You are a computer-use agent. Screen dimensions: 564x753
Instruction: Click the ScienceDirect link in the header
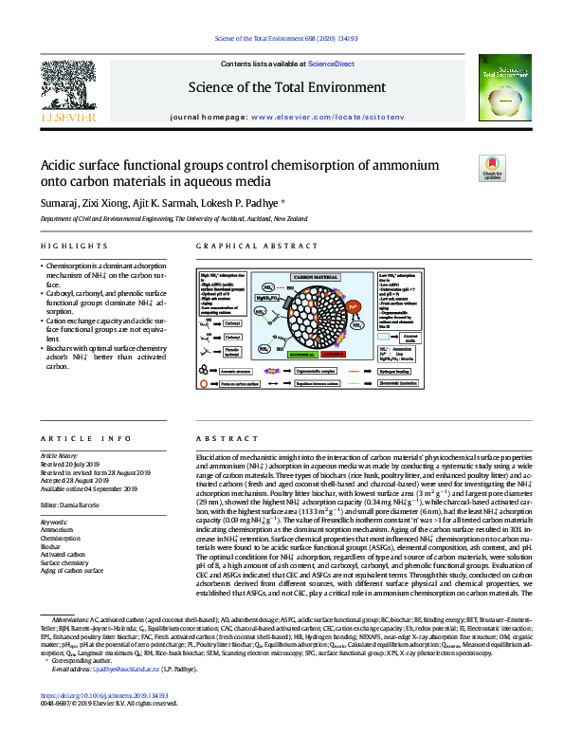(331, 63)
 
